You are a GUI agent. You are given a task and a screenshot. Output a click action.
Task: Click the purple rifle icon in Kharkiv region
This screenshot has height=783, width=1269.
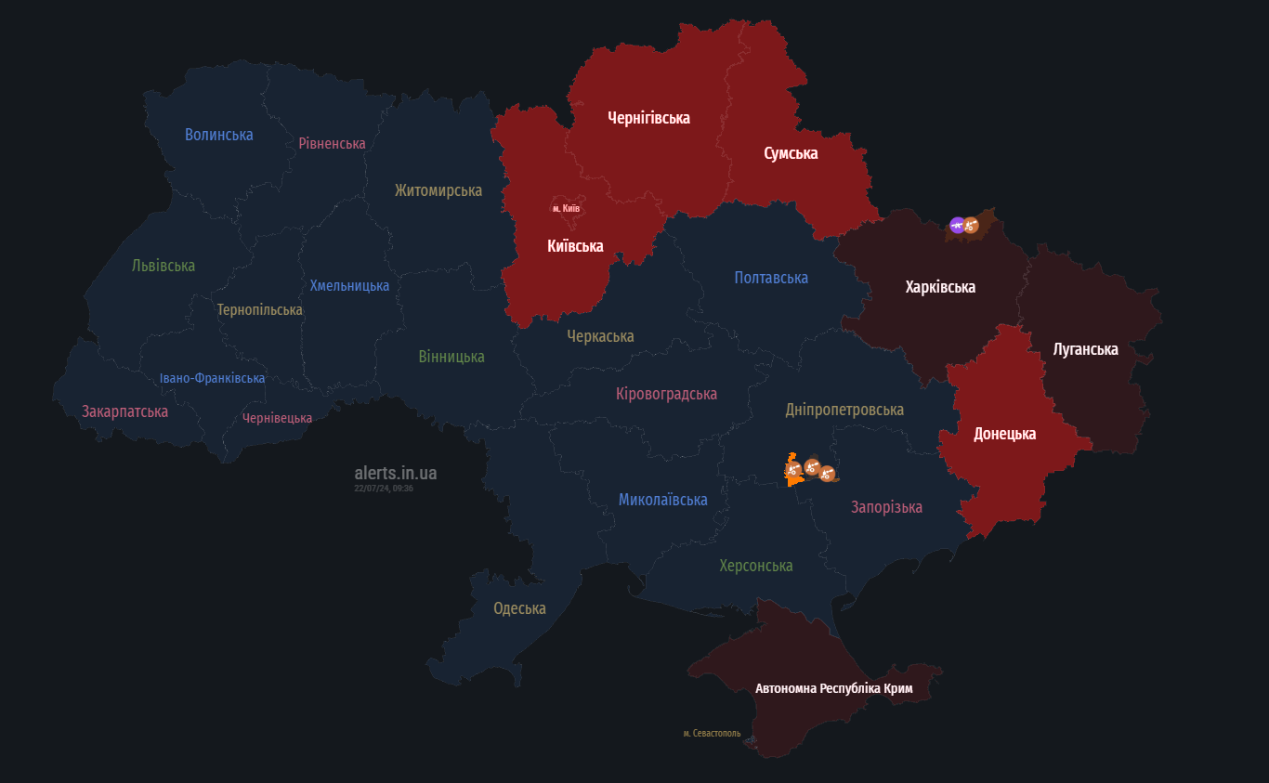[957, 224]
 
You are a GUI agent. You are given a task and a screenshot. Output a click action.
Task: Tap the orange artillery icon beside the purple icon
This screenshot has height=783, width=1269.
[971, 225]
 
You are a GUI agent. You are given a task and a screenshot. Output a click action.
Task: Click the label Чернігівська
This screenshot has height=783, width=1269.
[648, 118]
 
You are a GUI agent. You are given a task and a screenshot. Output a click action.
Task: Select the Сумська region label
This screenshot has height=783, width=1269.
[791, 153]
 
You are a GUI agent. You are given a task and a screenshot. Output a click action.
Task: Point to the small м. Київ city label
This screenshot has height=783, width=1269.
[566, 208]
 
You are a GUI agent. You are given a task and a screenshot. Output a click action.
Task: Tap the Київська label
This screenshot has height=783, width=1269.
[575, 246]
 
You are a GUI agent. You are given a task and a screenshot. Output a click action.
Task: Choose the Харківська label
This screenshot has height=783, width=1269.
[940, 287]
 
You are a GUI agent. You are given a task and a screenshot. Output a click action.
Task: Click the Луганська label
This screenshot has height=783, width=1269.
[1085, 349]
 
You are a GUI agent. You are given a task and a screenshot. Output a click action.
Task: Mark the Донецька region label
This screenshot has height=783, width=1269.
[1004, 434]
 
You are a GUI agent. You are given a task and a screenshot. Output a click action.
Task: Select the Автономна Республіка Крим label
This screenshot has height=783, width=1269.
[833, 688]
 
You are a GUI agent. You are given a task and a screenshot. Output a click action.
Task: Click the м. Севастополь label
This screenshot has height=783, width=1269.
[712, 733]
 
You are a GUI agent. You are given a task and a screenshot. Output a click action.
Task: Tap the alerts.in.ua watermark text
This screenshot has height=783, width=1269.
[395, 474]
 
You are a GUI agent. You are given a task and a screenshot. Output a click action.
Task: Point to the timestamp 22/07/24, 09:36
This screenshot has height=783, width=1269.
[384, 489]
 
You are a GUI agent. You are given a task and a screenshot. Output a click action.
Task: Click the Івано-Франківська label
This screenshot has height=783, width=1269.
[212, 378]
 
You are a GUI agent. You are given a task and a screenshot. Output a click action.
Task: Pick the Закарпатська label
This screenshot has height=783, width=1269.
[124, 411]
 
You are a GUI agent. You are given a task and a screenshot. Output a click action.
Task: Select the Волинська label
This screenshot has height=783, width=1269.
[218, 135]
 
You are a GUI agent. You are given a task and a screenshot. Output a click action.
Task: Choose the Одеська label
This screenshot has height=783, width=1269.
[519, 608]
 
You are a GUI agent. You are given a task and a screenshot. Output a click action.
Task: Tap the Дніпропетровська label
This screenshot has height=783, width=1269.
[844, 410]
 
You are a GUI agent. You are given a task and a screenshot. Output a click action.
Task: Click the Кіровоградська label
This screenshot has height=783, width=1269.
[666, 394]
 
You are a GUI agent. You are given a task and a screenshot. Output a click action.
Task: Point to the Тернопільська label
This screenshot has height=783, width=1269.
[259, 309]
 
